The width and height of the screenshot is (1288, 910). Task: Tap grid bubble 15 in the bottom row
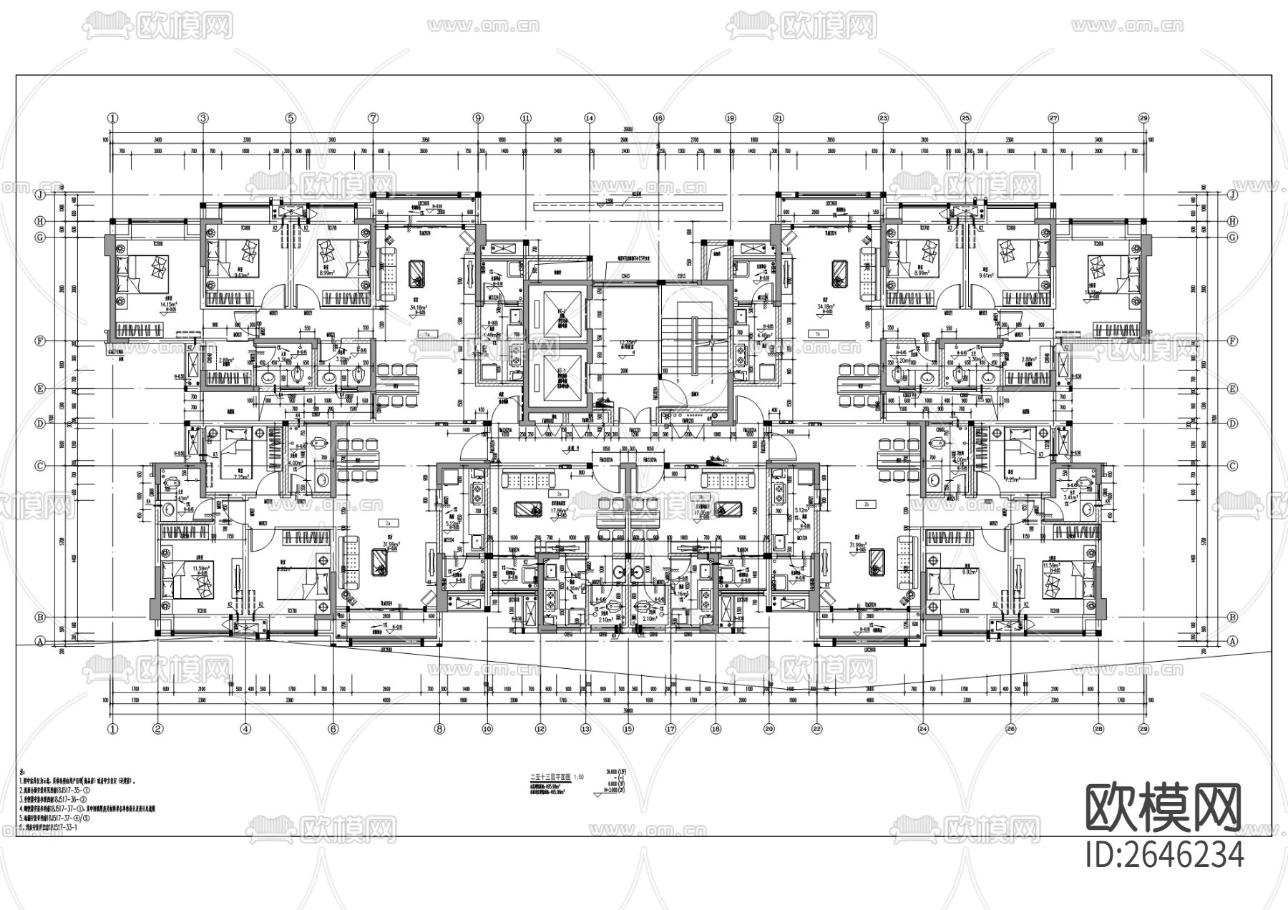[x=628, y=729]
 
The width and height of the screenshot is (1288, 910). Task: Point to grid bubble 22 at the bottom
[x=816, y=729]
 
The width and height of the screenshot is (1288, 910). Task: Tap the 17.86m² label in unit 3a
[x=559, y=512]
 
